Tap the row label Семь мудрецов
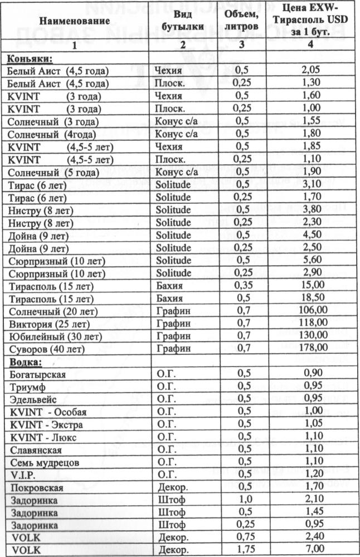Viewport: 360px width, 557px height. [x=45, y=462]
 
